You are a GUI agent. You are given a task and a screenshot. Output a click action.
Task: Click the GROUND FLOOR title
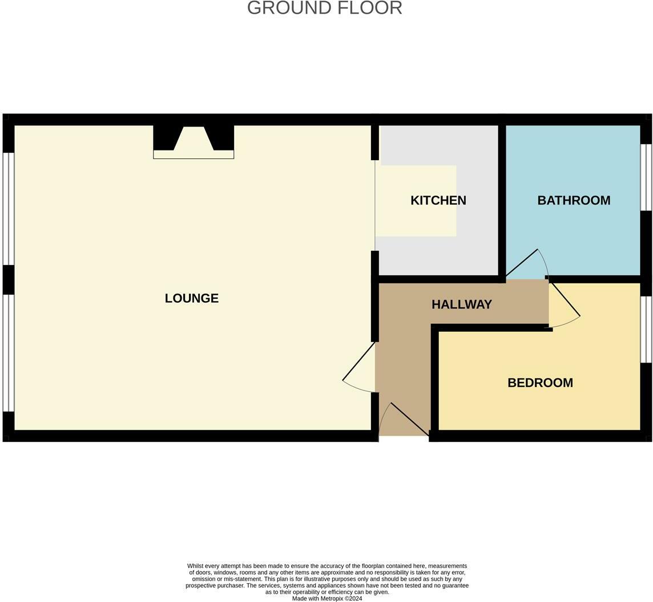click(x=324, y=8)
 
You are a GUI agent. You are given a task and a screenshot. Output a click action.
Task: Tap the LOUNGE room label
click(x=191, y=298)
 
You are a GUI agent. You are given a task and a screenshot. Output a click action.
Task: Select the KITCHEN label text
click(x=438, y=200)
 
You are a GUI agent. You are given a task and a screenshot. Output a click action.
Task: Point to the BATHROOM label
click(x=573, y=200)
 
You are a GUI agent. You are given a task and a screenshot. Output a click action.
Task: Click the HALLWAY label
click(x=461, y=304)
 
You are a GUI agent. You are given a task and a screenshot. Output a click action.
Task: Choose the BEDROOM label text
click(x=540, y=383)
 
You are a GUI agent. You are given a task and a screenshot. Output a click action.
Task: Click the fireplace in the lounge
click(x=194, y=142)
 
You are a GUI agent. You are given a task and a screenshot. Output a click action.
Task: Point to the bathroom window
click(x=646, y=177)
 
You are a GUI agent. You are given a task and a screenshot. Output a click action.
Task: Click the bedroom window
click(x=646, y=329)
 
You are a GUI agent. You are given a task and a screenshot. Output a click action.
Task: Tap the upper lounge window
click(x=8, y=209)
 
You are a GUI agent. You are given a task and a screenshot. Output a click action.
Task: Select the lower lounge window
click(x=8, y=352)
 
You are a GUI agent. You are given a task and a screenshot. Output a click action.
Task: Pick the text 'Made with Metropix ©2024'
click(x=327, y=599)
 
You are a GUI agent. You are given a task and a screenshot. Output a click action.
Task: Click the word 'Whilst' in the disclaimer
click(x=196, y=566)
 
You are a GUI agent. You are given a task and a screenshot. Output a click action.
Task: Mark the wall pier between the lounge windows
click(x=8, y=279)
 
